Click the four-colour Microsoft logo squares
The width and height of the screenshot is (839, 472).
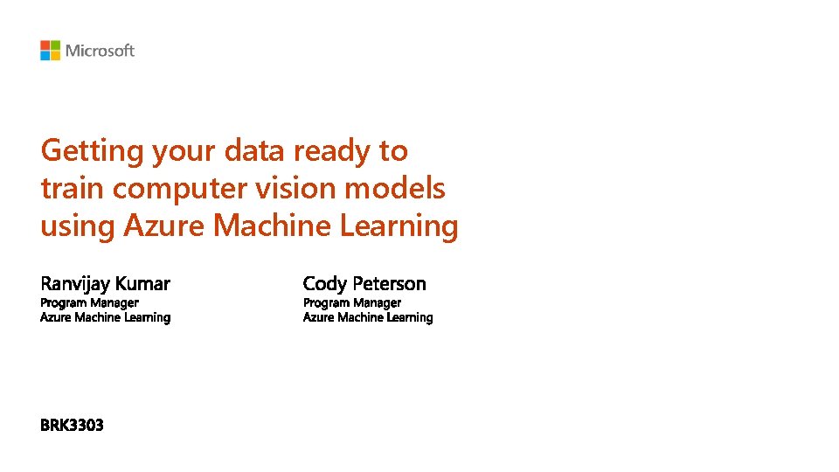pos(50,51)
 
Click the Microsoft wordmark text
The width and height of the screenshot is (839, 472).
pos(100,51)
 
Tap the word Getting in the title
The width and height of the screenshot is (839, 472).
pos(92,151)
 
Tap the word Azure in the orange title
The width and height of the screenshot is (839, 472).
pos(165,226)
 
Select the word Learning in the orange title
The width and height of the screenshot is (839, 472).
pos(399,226)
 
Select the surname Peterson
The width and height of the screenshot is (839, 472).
pos(390,283)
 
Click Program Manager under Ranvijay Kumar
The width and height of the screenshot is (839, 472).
pos(89,302)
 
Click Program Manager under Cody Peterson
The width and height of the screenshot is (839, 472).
pos(351,302)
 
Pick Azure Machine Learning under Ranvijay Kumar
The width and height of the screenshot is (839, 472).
pos(105,317)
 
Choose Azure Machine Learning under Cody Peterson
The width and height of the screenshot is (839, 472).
pos(367,317)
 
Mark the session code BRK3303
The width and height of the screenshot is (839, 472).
pos(72,426)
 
